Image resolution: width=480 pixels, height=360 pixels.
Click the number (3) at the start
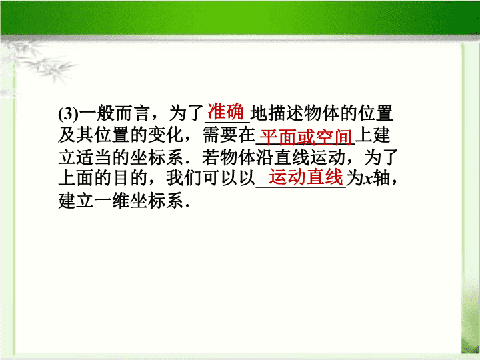tap(69, 114)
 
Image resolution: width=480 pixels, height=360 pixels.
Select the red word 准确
tap(226, 111)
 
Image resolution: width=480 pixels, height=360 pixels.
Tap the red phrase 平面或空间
tap(305, 137)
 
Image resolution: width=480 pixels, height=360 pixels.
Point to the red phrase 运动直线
tap(306, 177)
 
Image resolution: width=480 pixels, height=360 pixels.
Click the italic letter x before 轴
tap(367, 179)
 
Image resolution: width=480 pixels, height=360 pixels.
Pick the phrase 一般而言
tap(115, 113)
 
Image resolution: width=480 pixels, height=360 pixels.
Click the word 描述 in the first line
tap(286, 113)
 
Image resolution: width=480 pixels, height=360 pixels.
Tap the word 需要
tap(220, 135)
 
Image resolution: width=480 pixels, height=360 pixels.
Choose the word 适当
tap(94, 157)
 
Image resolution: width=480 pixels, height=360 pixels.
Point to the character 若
tap(211, 157)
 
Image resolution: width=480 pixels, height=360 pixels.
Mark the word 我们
tap(184, 179)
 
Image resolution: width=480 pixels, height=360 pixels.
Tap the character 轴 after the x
tap(381, 179)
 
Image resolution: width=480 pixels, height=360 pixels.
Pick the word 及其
tap(76, 135)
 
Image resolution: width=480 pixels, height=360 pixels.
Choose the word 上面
tap(76, 179)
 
